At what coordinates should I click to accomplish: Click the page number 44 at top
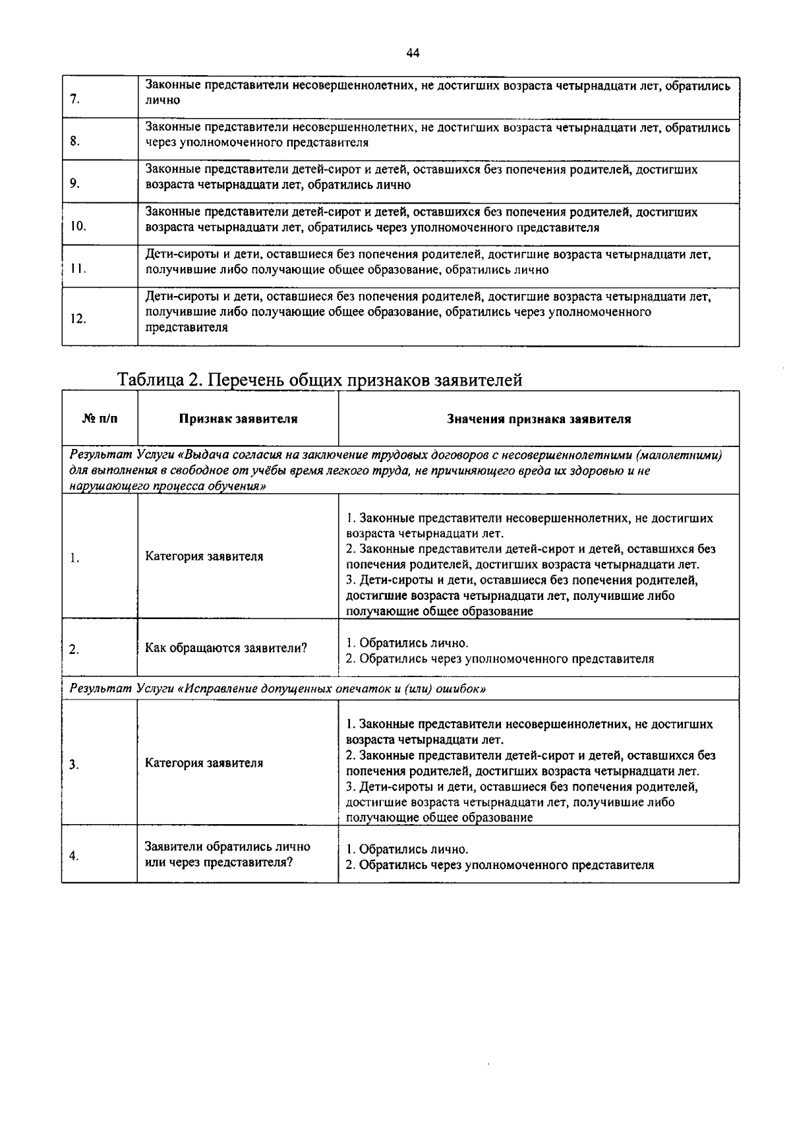(x=413, y=53)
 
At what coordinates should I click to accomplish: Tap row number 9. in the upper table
(x=74, y=184)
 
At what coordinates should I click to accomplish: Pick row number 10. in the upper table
(x=78, y=226)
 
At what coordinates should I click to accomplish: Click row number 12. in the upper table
(x=78, y=319)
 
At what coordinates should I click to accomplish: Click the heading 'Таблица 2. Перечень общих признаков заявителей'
(x=320, y=380)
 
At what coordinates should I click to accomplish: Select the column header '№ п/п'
(x=100, y=418)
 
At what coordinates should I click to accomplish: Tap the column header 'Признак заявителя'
(x=238, y=419)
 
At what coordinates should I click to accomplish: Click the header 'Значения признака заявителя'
(x=539, y=419)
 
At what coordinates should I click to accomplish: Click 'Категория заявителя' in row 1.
(x=204, y=556)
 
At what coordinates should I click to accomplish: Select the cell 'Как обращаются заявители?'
(x=226, y=647)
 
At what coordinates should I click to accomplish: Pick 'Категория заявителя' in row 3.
(x=204, y=763)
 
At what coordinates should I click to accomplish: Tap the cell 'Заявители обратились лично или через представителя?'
(x=227, y=854)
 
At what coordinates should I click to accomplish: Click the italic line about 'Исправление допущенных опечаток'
(x=278, y=689)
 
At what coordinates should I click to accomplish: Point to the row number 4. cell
(x=74, y=856)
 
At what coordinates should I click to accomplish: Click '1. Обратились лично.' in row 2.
(x=407, y=643)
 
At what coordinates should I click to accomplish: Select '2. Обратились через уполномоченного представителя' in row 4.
(x=500, y=865)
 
